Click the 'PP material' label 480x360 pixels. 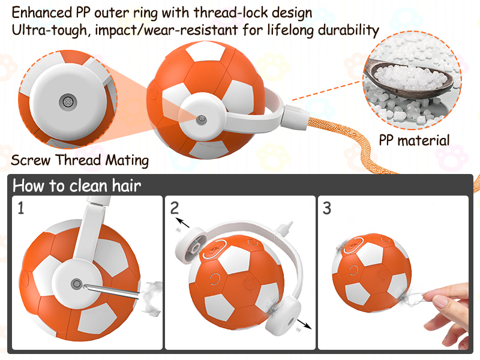click(x=414, y=141)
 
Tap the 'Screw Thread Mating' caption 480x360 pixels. click(x=80, y=161)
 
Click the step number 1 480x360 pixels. click(x=21, y=208)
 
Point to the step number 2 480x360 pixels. click(x=175, y=208)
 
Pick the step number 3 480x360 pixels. click(x=327, y=208)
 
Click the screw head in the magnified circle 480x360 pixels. click(x=67, y=101)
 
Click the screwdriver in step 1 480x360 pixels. click(x=111, y=289)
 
